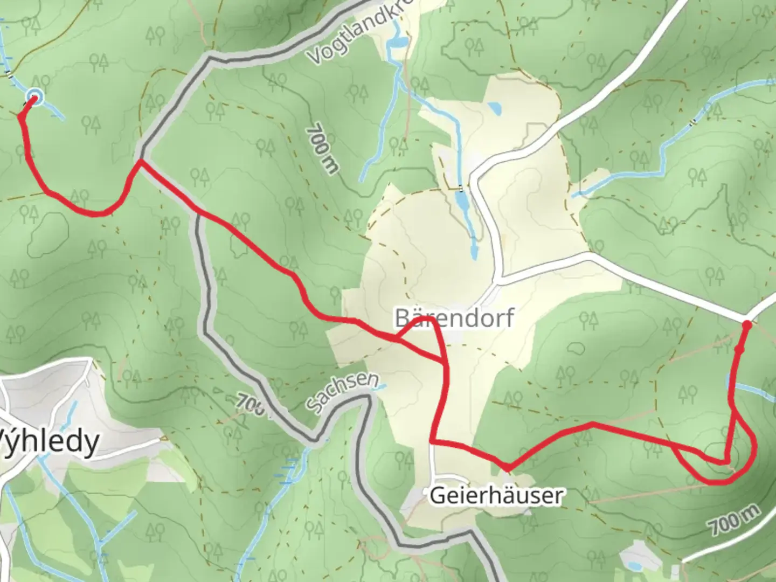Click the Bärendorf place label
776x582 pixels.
pos(454,318)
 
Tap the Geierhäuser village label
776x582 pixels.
pos(496,495)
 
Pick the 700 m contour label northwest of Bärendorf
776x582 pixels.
pos(322,150)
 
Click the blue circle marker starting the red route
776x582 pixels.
pos(34,99)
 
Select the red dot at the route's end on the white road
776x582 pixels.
pos(747,325)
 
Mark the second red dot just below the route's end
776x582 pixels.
pos(739,350)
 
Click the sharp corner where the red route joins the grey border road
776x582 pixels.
pos(140,161)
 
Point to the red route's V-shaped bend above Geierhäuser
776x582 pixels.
pos(507,467)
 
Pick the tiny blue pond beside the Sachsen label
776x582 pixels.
pos(382,386)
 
